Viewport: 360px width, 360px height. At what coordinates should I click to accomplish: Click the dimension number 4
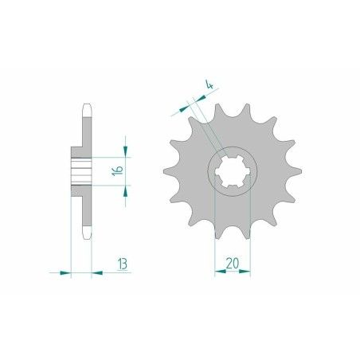209,84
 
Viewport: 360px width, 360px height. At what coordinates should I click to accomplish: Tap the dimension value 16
117,171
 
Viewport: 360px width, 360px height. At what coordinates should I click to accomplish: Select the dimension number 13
123,264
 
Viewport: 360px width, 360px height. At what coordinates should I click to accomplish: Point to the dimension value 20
233,263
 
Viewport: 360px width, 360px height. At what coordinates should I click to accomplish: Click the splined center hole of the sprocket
233,171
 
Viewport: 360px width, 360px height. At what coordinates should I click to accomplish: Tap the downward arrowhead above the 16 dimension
125,151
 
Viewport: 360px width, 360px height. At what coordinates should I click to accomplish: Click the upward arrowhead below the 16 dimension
125,191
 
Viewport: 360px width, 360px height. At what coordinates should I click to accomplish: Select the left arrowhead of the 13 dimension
65,272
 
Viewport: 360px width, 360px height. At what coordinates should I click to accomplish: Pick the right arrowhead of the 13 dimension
97,272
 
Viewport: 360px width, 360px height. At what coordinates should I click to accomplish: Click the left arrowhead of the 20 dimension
220,272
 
